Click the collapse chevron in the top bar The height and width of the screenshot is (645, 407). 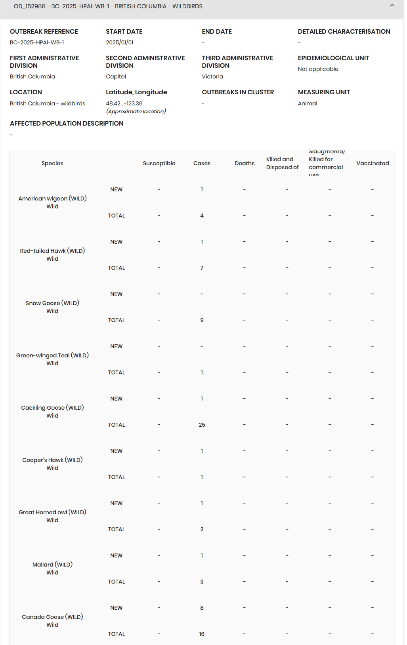(x=392, y=6)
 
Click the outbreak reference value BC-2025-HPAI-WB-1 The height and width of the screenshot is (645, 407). (x=37, y=42)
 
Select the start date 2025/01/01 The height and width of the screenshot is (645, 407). (x=119, y=42)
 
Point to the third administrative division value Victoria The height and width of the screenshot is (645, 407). (x=212, y=76)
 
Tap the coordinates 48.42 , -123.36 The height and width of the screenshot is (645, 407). (x=124, y=103)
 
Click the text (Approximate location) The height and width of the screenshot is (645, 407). (x=136, y=111)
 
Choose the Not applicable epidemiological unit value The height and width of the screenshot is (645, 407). (x=318, y=69)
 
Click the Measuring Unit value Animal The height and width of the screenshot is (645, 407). (x=308, y=103)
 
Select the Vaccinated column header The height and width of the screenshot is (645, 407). (x=373, y=163)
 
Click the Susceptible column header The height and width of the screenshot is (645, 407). (x=159, y=163)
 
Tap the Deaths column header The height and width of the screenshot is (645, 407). (x=245, y=163)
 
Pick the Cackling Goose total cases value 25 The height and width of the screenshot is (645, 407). (x=202, y=425)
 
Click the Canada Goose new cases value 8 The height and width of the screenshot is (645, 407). (x=202, y=608)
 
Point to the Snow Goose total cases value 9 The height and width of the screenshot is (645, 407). (x=202, y=320)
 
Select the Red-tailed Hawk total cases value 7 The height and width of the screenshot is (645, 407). (x=202, y=268)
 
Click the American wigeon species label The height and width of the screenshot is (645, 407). (x=52, y=198)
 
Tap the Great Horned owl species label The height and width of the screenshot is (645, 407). (x=52, y=512)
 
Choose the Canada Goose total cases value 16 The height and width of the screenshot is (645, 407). (x=202, y=634)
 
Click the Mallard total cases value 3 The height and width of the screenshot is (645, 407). (x=202, y=582)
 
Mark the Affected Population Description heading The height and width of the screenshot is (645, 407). (x=67, y=124)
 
